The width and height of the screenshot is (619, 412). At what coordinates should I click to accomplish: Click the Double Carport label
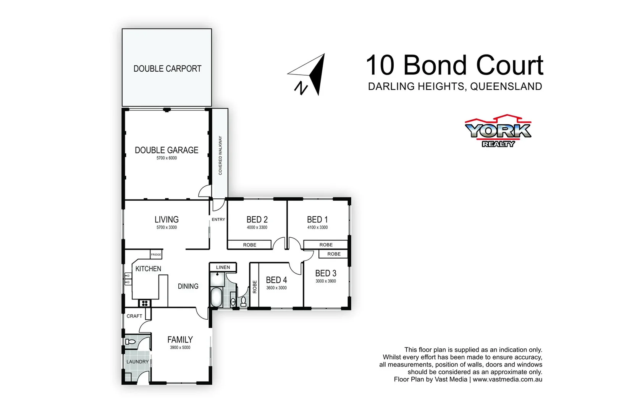coord(167,69)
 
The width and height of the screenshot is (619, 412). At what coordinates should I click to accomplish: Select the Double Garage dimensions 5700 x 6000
coord(166,158)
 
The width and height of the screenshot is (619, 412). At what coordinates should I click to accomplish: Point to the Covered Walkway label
coord(220,156)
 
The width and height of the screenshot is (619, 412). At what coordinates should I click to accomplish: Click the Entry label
coord(218,219)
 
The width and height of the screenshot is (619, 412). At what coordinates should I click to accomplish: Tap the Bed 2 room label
coord(257,219)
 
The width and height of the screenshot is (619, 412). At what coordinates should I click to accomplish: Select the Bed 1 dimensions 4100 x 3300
coord(317,227)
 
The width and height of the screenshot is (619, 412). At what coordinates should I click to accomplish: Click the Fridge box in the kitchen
coord(156,254)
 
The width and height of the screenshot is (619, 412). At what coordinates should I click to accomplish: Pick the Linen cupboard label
coord(223,267)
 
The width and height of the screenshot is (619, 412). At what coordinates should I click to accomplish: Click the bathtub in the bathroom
coord(217,297)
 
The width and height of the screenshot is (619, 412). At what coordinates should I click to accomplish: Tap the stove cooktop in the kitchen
coord(145,303)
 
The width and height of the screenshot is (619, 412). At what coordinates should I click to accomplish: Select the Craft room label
coord(134,316)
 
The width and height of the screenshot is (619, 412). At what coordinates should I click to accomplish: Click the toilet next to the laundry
coord(130,342)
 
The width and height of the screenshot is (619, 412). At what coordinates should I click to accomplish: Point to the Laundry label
coord(137,362)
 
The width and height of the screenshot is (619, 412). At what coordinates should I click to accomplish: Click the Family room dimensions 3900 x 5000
coord(180,348)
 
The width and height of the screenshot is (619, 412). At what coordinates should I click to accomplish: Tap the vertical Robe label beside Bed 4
coord(255,286)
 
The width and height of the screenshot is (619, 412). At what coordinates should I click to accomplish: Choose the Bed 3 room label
coord(326,273)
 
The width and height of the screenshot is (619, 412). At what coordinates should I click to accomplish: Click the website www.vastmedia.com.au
coord(507,379)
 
